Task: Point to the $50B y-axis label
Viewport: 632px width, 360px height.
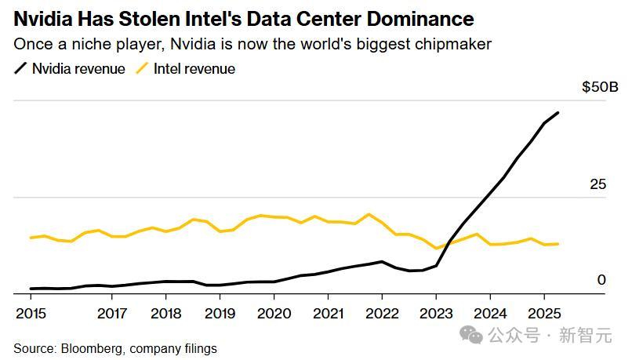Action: pyautogui.click(x=600, y=87)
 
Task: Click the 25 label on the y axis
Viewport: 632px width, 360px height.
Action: pyautogui.click(x=598, y=184)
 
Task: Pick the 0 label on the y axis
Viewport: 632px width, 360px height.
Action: pyautogui.click(x=601, y=280)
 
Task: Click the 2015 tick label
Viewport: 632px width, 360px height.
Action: pyautogui.click(x=31, y=314)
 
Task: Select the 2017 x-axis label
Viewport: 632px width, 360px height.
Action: pyautogui.click(x=112, y=314)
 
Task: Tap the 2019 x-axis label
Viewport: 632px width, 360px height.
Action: pyautogui.click(x=220, y=314)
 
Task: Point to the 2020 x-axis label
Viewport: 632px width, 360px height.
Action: pyautogui.click(x=274, y=314)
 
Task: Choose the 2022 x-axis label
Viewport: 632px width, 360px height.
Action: pyautogui.click(x=382, y=314)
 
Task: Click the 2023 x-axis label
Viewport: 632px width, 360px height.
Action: pyautogui.click(x=436, y=314)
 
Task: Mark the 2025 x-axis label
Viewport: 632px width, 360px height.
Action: pyautogui.click(x=543, y=314)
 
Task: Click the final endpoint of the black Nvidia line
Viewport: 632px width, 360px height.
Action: pyautogui.click(x=558, y=113)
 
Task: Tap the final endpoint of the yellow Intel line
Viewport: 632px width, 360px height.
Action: pyautogui.click(x=558, y=244)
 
